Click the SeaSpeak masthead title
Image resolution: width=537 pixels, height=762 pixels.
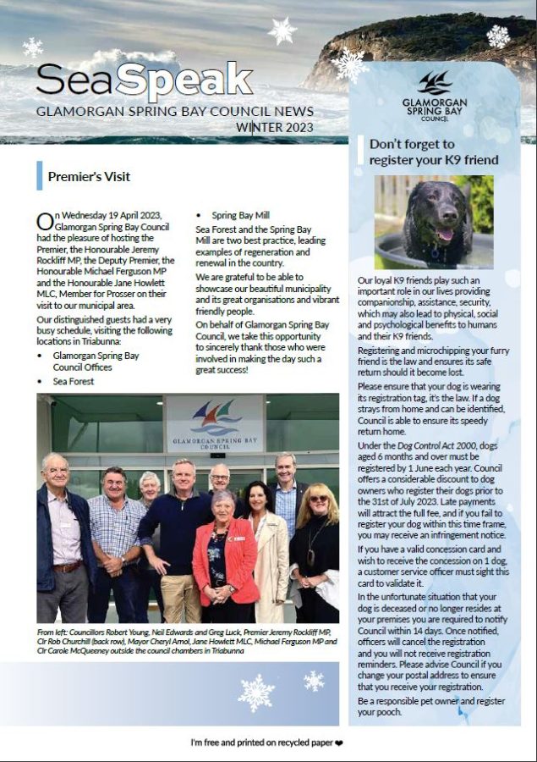(144, 80)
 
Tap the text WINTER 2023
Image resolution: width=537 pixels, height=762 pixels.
(275, 128)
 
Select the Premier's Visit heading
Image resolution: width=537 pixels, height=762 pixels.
(89, 177)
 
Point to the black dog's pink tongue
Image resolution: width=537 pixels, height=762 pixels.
(443, 235)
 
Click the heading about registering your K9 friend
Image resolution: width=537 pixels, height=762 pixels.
(433, 152)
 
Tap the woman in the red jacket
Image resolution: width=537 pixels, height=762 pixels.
(226, 559)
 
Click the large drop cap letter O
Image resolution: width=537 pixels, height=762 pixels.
(45, 222)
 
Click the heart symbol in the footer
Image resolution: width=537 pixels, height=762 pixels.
(341, 743)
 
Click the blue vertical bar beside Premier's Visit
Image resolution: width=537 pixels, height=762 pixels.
(39, 176)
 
